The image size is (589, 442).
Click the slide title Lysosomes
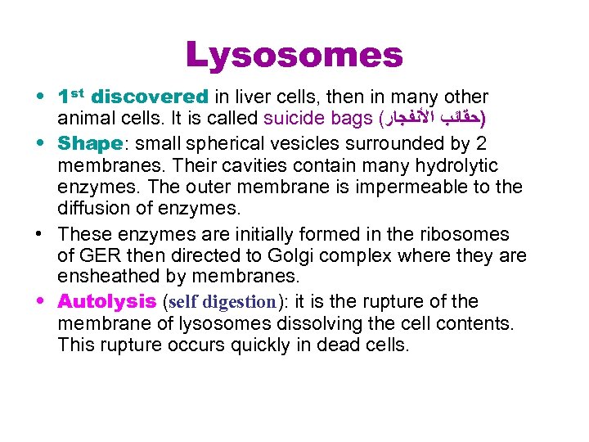294,55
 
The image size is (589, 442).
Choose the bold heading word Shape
89,144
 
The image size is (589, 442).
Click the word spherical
232,144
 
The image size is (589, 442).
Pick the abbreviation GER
98,256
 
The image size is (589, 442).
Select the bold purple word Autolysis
107,302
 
